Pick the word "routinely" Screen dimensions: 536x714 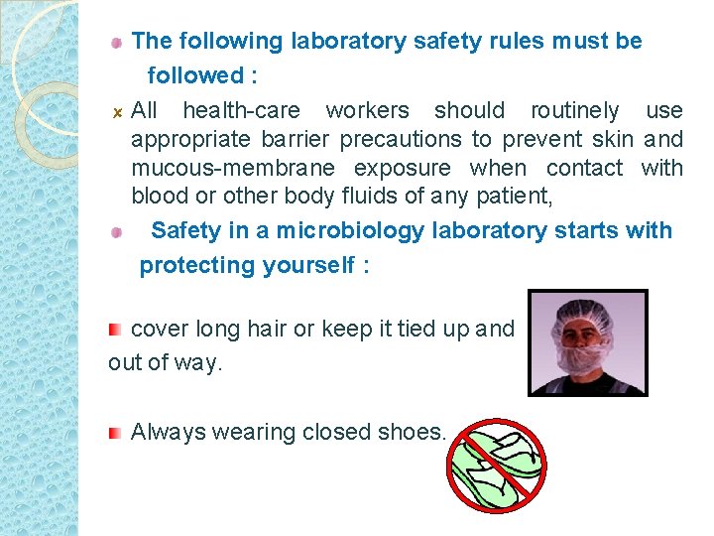(574, 110)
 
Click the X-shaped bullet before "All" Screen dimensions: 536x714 (116, 111)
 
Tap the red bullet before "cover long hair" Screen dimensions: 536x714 (116, 329)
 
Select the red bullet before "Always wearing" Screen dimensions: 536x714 (116, 432)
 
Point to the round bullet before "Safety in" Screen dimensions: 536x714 (116, 231)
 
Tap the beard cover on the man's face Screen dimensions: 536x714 (584, 356)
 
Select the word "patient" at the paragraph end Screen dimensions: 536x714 (518, 197)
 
